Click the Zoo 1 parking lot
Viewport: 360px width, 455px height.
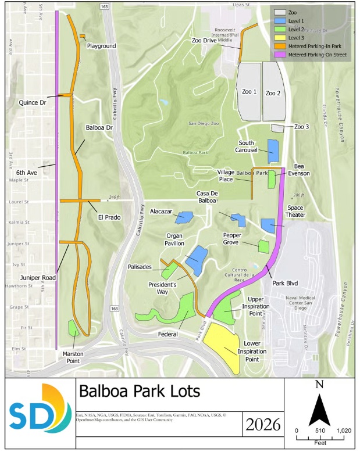(248, 91)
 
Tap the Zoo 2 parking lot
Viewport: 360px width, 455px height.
(273, 91)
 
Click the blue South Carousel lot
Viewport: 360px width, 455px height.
(273, 150)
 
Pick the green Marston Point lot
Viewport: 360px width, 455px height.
(74, 328)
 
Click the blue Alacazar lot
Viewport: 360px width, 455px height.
(184, 217)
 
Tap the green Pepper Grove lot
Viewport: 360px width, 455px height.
(264, 246)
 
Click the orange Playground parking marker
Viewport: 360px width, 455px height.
(83, 36)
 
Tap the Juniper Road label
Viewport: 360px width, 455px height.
(37, 278)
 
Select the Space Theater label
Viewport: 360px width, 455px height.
(300, 211)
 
